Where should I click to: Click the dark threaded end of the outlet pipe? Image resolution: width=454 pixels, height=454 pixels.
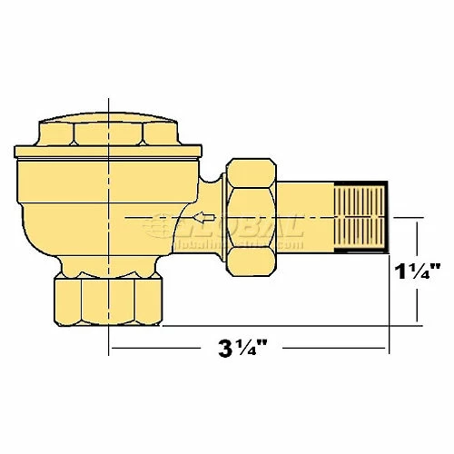(360, 216)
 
